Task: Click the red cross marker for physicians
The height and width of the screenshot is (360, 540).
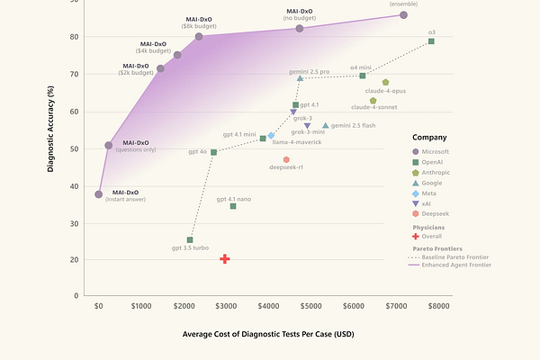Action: pyautogui.click(x=225, y=259)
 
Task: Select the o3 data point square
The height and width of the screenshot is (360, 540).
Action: pyautogui.click(x=431, y=41)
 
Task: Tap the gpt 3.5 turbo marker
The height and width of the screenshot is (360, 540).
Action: pyautogui.click(x=190, y=240)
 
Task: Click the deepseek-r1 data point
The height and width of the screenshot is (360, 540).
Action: pyautogui.click(x=286, y=159)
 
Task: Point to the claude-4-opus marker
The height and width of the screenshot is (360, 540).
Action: pyautogui.click(x=385, y=82)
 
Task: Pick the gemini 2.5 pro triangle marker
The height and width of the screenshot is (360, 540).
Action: pyautogui.click(x=300, y=78)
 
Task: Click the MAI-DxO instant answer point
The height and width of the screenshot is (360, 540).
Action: pyautogui.click(x=99, y=194)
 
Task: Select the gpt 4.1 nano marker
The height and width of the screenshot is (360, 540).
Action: pyautogui.click(x=233, y=206)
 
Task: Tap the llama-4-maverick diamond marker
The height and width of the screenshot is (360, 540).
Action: pyautogui.click(x=271, y=136)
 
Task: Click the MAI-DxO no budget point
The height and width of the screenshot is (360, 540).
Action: pyautogui.click(x=300, y=28)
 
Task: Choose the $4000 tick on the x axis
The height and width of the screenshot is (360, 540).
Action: pyautogui.click(x=269, y=306)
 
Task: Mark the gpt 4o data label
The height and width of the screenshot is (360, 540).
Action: pyautogui.click(x=197, y=152)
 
